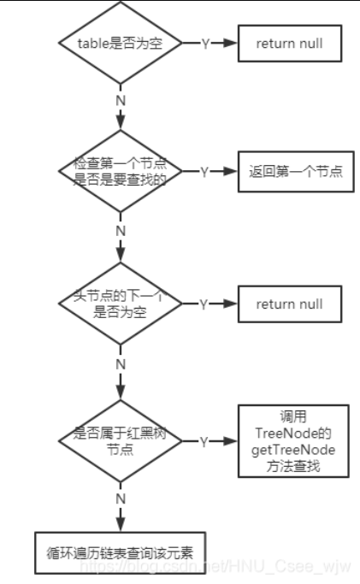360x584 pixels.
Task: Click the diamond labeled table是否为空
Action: click(120, 43)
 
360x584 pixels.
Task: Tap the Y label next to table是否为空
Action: click(205, 43)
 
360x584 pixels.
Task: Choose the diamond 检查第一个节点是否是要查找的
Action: click(120, 171)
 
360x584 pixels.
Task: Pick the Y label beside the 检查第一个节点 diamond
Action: click(205, 171)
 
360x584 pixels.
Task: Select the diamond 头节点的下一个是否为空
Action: click(120, 304)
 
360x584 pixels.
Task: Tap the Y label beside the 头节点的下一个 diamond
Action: click(205, 304)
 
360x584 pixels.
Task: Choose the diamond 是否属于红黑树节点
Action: click(120, 440)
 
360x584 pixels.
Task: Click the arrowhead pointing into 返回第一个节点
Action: click(232, 171)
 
